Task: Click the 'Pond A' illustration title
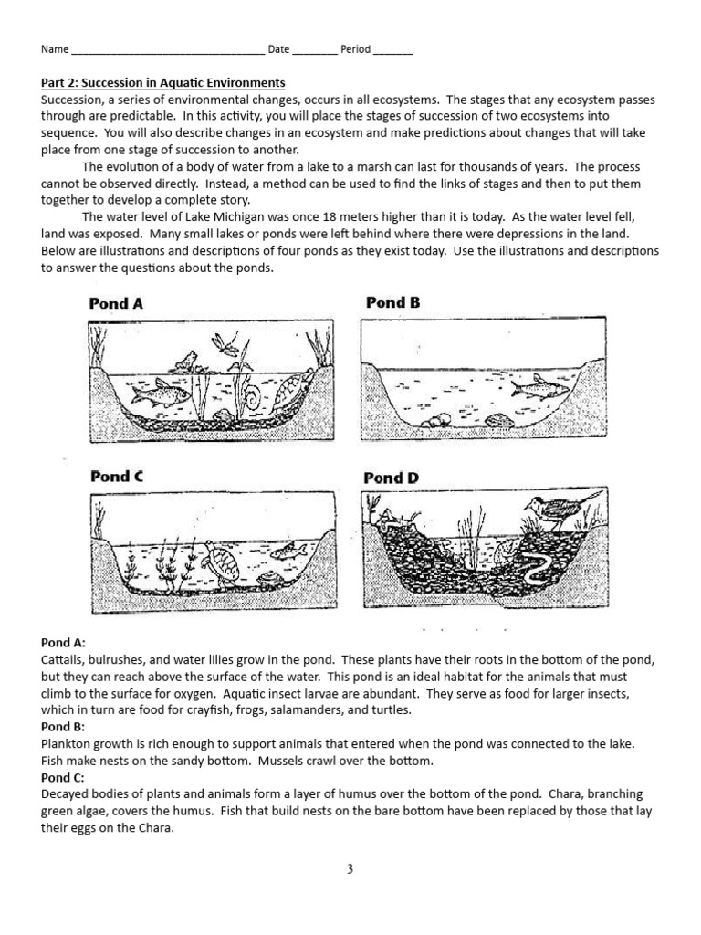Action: (116, 304)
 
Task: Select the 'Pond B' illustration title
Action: (392, 302)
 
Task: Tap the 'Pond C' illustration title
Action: (116, 476)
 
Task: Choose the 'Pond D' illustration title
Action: (392, 478)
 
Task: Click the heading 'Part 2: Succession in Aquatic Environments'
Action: (163, 83)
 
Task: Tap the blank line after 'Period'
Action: (392, 51)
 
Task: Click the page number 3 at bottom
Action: (350, 869)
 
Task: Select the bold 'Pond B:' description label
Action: (63, 726)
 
